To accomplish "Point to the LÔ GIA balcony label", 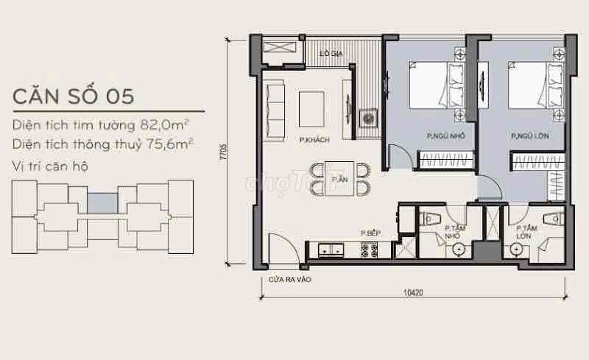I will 329,54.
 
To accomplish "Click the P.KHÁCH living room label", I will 314,139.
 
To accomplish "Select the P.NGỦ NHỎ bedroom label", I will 442,136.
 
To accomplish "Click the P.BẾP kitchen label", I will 370,233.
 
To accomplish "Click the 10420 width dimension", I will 414,292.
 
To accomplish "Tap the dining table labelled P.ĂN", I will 339,179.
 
